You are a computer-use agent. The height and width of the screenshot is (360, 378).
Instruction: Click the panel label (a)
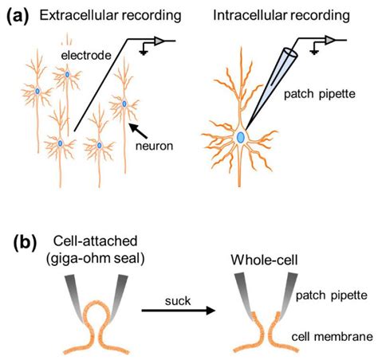tap(18, 16)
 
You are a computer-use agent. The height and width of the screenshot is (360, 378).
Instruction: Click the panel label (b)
tap(25, 243)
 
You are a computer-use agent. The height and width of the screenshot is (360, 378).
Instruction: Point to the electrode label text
tap(86, 56)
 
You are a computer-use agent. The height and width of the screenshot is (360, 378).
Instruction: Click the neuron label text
tap(154, 146)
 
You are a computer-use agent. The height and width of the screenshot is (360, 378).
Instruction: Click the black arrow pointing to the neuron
tap(138, 131)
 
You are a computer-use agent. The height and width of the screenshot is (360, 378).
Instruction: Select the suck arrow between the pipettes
tap(178, 310)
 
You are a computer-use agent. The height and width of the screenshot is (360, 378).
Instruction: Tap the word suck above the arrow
tap(178, 301)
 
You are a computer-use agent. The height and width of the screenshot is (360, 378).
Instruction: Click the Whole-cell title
tap(264, 260)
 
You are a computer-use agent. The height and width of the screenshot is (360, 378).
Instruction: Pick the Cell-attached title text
tap(95, 241)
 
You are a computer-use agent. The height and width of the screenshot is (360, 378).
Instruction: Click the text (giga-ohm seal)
tap(95, 258)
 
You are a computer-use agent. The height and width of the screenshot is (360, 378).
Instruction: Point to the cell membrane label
tap(332, 337)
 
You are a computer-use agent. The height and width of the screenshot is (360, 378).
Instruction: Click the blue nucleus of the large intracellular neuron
tap(241, 137)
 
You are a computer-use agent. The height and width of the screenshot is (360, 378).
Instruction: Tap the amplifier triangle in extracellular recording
tap(159, 41)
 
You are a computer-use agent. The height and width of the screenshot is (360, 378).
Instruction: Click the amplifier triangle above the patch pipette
tap(330, 40)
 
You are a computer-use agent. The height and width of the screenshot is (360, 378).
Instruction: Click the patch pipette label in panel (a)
tap(320, 94)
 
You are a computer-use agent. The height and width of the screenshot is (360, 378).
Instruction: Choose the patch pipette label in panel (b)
tap(332, 295)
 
